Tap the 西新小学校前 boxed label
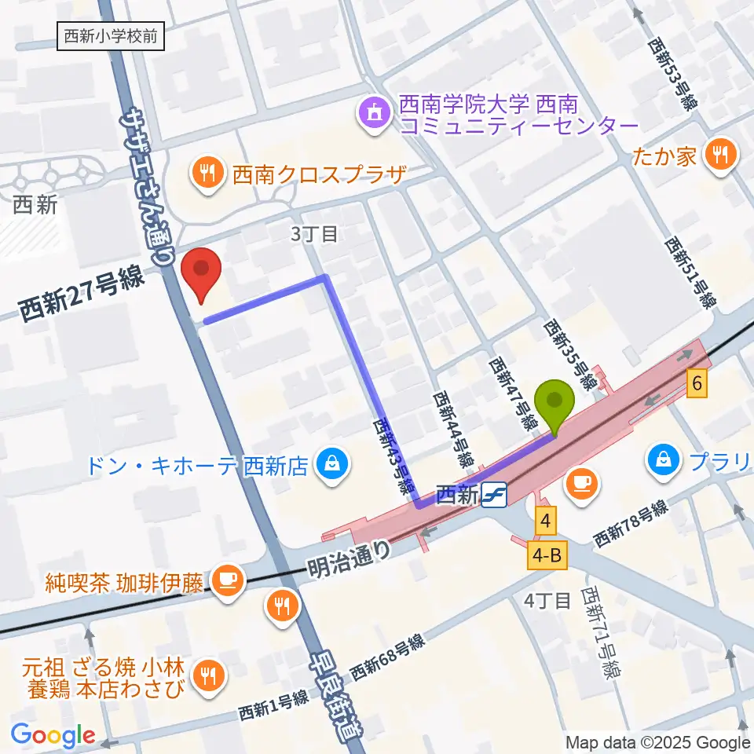tap(112, 36)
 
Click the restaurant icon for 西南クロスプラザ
tap(207, 173)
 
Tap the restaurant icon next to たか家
tap(719, 155)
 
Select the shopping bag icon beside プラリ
tap(664, 459)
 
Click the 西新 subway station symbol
tap(495, 495)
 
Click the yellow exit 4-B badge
tap(547, 556)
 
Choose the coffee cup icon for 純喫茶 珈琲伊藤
tap(228, 582)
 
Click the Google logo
tap(53, 735)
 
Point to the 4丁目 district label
tap(547, 601)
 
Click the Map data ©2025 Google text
tap(658, 742)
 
